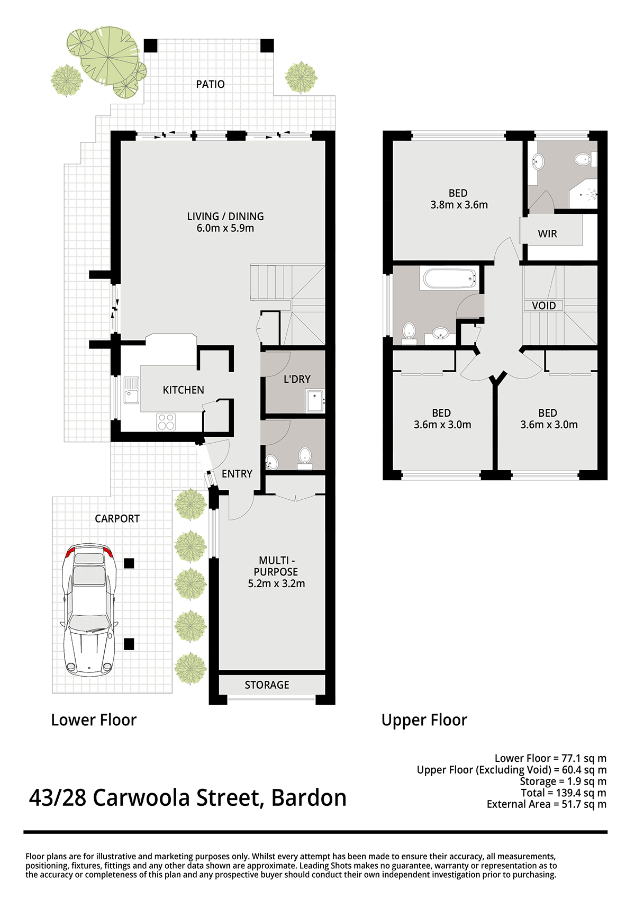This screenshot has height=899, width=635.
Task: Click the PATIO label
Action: [210, 84]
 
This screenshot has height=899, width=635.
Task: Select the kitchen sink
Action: [131, 390]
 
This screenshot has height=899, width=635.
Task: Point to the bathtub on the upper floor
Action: [449, 278]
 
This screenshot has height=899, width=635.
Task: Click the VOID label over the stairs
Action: [543, 305]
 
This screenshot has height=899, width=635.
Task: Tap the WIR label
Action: [547, 233]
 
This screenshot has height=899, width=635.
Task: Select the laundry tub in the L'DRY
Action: [315, 401]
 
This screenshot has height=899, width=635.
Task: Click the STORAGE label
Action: [267, 685]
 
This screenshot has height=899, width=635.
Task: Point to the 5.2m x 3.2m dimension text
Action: [276, 583]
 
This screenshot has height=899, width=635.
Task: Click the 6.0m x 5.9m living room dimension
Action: [225, 228]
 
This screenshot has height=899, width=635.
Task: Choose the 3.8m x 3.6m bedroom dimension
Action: [459, 205]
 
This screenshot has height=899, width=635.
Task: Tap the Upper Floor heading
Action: [424, 720]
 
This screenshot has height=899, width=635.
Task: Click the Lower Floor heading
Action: [94, 720]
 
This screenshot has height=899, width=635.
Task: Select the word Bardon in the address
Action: [309, 798]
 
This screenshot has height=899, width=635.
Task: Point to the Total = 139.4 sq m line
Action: [563, 793]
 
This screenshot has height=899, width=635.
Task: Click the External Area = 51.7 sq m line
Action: [546, 804]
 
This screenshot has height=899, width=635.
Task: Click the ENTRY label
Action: [237, 474]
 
